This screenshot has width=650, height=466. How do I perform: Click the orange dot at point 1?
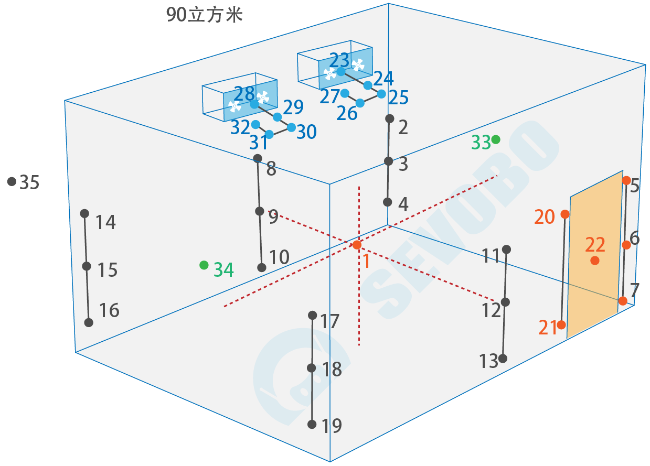click(357, 245)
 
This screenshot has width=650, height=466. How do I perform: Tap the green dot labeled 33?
click(496, 139)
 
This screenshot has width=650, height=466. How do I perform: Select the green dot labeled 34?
click(204, 265)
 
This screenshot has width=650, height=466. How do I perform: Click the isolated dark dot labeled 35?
click(12, 181)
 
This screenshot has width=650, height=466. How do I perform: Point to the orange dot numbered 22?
click(594, 260)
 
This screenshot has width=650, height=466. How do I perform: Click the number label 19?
click(332, 426)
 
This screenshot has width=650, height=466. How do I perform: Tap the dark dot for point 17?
click(313, 315)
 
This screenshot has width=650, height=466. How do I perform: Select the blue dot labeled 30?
click(291, 127)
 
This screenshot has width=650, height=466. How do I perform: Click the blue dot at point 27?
click(345, 93)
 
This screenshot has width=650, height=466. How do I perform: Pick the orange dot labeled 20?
click(565, 214)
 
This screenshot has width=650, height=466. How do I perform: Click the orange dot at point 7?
click(623, 301)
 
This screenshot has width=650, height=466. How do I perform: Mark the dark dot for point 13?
click(503, 359)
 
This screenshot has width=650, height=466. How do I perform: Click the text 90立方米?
click(205, 15)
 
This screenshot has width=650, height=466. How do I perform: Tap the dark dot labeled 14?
click(84, 213)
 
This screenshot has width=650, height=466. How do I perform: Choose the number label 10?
click(279, 257)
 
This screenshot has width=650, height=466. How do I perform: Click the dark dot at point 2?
click(390, 118)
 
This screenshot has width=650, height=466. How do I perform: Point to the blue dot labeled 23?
click(341, 71)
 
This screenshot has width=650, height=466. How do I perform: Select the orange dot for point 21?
click(561, 325)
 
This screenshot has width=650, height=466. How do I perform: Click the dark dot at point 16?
click(89, 322)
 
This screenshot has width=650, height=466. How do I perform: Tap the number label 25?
click(399, 97)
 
